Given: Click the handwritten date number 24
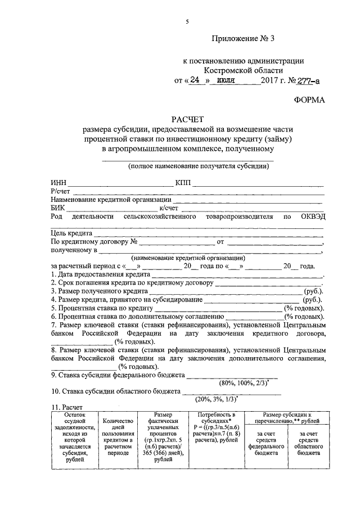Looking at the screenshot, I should (x=195, y=80).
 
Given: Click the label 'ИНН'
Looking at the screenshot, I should (x=58, y=183).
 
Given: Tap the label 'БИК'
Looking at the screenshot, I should (x=57, y=207).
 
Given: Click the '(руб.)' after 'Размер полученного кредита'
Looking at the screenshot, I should (x=313, y=291).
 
